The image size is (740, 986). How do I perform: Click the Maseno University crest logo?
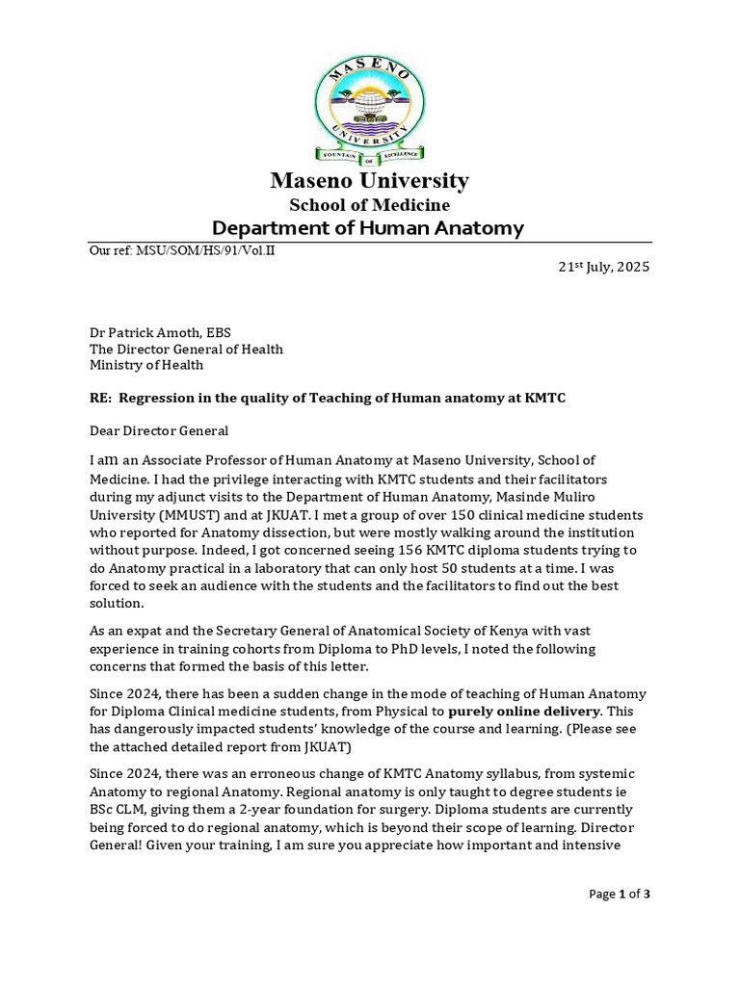click(369, 106)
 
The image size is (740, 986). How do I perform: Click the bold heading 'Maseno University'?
click(369, 180)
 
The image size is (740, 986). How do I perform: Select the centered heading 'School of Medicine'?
click(369, 204)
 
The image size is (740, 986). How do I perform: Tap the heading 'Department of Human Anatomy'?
click(368, 228)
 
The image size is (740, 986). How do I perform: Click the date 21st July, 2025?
click(605, 267)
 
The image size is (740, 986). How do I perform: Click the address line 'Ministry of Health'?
click(146, 365)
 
